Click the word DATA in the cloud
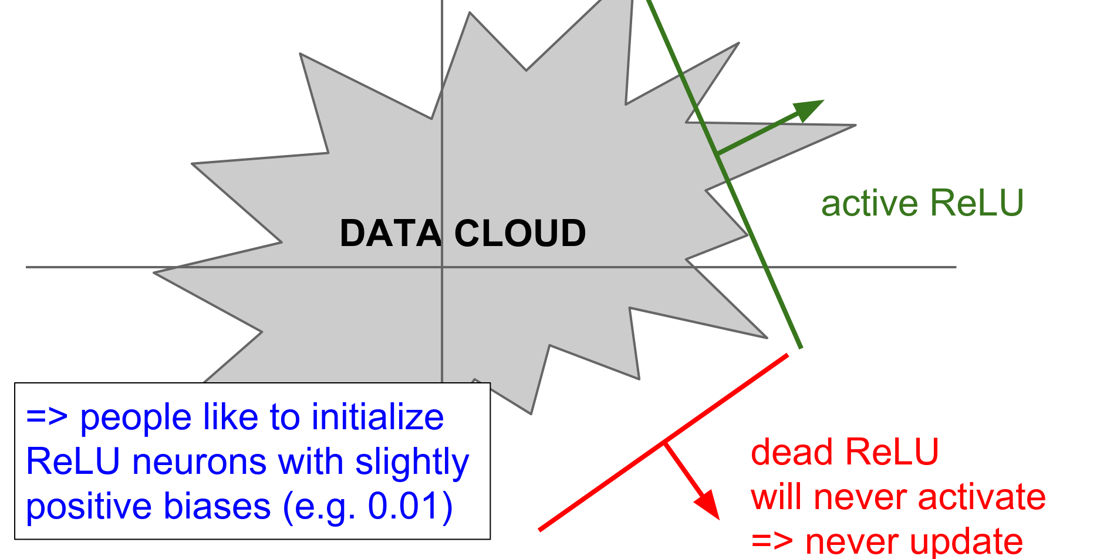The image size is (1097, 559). click(390, 233)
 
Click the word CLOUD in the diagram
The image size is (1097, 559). click(520, 233)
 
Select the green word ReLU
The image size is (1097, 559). click(977, 203)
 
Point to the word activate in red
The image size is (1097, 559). click(981, 497)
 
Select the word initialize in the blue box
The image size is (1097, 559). click(377, 417)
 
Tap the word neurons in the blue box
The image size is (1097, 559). click(200, 462)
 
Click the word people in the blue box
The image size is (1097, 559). click(136, 417)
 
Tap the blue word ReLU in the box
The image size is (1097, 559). click(73, 462)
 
